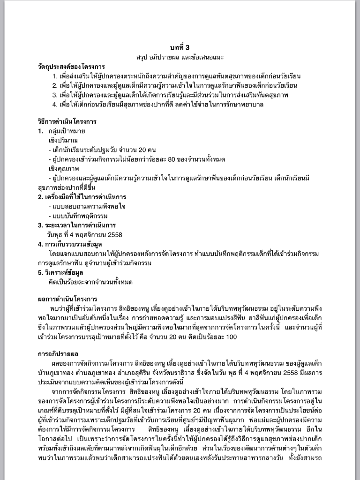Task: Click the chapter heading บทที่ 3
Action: [180, 47]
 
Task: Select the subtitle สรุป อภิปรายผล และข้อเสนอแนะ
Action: [180, 57]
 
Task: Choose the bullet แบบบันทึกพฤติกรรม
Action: [78, 216]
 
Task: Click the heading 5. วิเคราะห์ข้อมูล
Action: [64, 272]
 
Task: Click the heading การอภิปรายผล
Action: [58, 353]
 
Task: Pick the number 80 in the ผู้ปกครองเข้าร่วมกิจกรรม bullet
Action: [171, 159]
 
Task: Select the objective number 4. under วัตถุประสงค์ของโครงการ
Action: [55, 104]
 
